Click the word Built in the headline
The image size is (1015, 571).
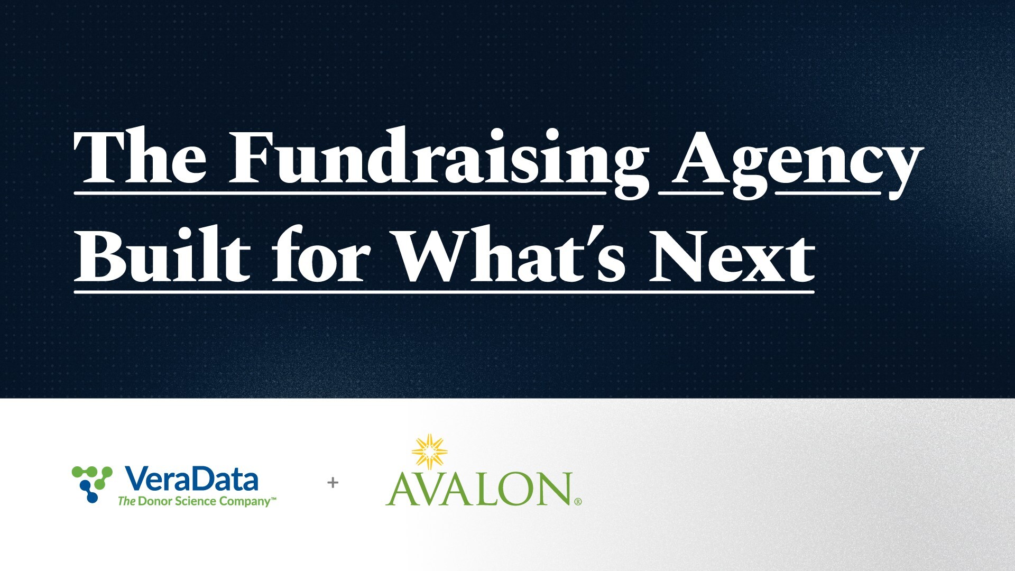click(162, 253)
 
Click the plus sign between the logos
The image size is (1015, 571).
click(333, 482)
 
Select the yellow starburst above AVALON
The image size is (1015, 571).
click(430, 452)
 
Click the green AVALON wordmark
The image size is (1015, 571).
click(479, 489)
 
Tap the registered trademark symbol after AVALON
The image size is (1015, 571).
click(578, 502)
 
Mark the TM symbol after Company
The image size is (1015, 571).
click(274, 498)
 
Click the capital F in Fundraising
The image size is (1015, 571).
click(254, 156)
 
